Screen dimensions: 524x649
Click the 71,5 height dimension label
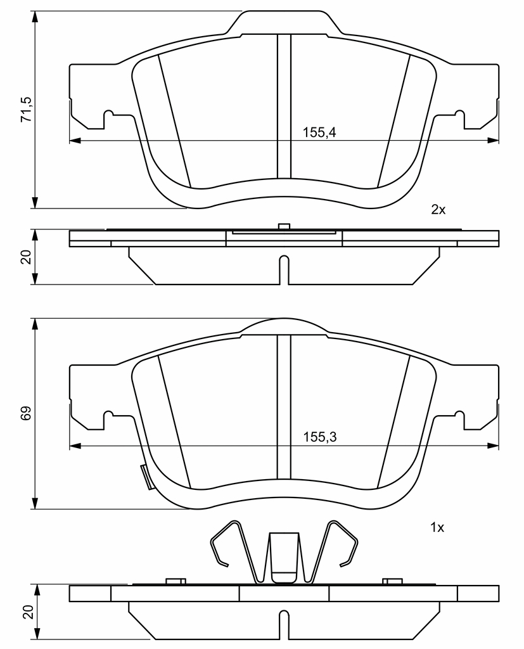click(x=27, y=109)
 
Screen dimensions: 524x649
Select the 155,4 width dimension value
click(x=319, y=132)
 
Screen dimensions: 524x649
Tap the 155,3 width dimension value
click(x=320, y=437)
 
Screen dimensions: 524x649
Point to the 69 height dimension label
click(x=26, y=413)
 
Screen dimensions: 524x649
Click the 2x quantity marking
click(x=438, y=210)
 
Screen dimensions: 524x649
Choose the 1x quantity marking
click(x=437, y=528)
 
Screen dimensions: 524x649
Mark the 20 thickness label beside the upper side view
click(x=26, y=257)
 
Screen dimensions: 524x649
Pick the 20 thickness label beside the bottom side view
click(x=27, y=612)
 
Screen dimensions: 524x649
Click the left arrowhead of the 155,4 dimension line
click(x=75, y=141)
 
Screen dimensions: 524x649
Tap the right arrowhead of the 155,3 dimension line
click(x=494, y=446)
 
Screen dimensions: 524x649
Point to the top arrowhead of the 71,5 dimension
click(x=35, y=16)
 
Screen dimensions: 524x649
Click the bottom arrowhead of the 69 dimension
click(x=35, y=503)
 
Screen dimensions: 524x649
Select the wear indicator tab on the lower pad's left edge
click(x=146, y=477)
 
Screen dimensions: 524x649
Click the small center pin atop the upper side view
click(x=284, y=226)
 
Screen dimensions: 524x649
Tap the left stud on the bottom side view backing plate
click(x=176, y=582)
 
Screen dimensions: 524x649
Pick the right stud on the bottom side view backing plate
click(x=392, y=582)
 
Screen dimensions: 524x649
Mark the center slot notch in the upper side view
click(x=284, y=270)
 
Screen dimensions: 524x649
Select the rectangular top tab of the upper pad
click(x=284, y=22)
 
